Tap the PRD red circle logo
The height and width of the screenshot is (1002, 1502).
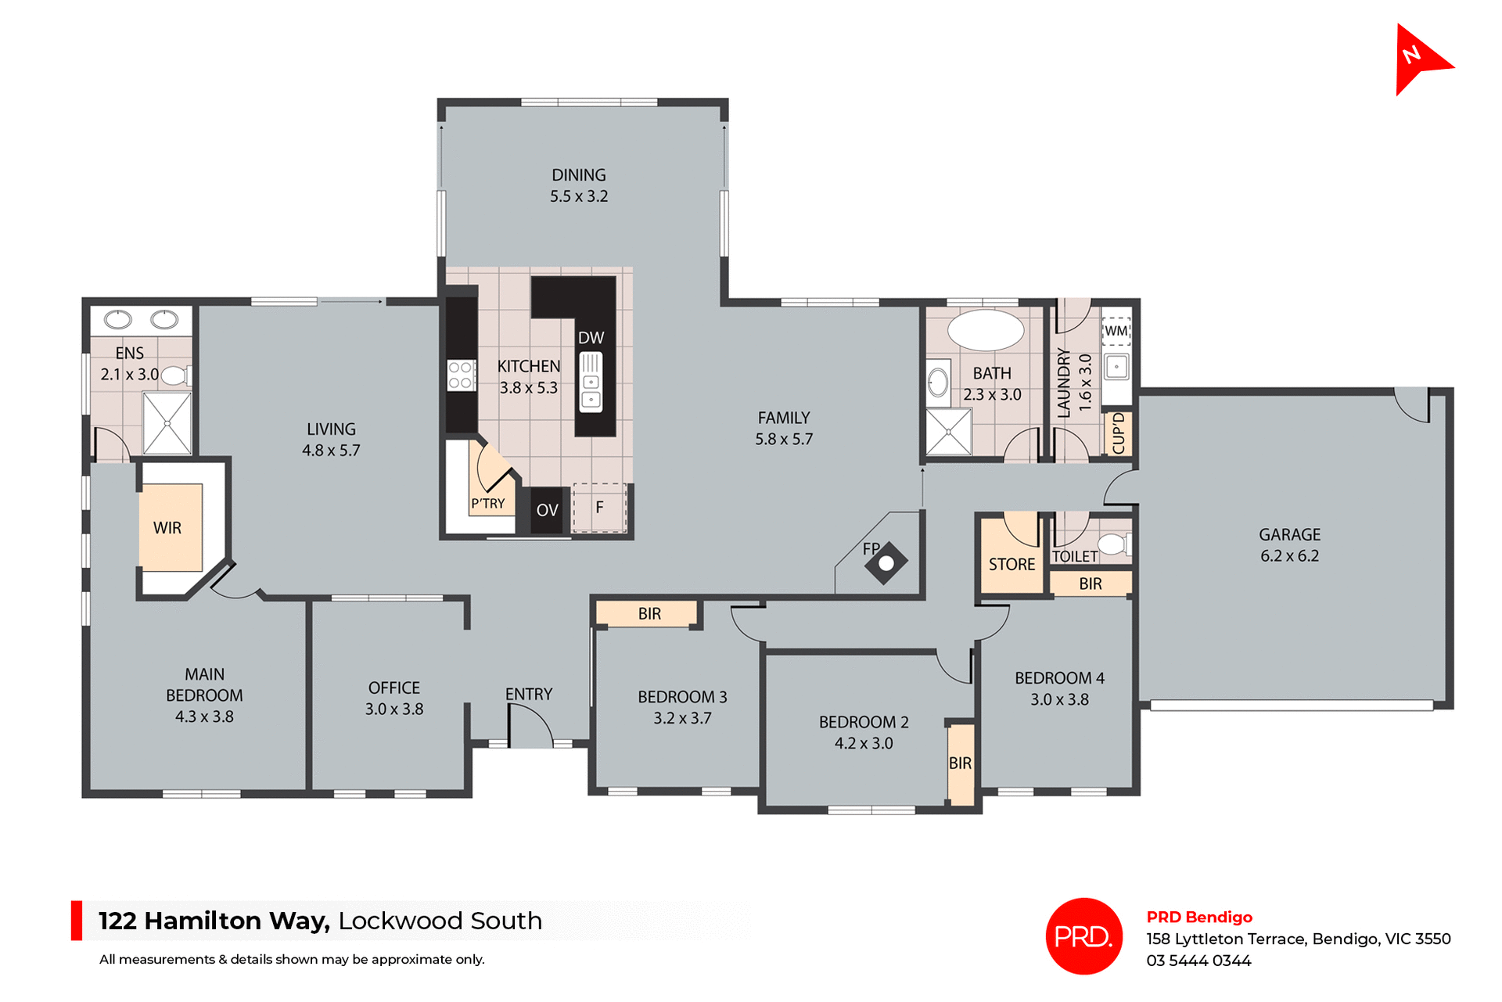pos(1083,936)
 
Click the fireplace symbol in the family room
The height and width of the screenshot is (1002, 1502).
pos(886,562)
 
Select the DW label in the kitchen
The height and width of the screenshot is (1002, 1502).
pos(591,338)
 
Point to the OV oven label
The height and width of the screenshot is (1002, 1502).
pos(547,510)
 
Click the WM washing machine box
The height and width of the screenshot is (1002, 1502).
pos(1116,331)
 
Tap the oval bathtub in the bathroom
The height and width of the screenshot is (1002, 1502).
pos(985,330)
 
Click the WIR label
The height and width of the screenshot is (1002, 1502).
pos(167,528)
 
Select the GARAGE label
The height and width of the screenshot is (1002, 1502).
pos(1289,535)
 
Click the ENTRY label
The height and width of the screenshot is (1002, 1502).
pos(529,694)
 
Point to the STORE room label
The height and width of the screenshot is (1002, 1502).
pos(1012,564)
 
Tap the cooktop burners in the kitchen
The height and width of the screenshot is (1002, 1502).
pos(462,375)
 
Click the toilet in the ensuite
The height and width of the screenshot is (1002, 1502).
pos(175,375)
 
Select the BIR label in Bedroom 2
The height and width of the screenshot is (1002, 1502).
pos(960,763)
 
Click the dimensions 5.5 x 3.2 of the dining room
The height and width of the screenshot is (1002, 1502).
pos(579,196)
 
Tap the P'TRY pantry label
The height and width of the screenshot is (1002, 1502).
pos(488,504)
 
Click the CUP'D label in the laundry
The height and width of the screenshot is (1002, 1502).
pos(1119,433)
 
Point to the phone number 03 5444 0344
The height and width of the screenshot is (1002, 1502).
pos(1198,961)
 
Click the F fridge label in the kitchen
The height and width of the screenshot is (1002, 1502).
pos(600,508)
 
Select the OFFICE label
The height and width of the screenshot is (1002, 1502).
pos(394,688)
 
